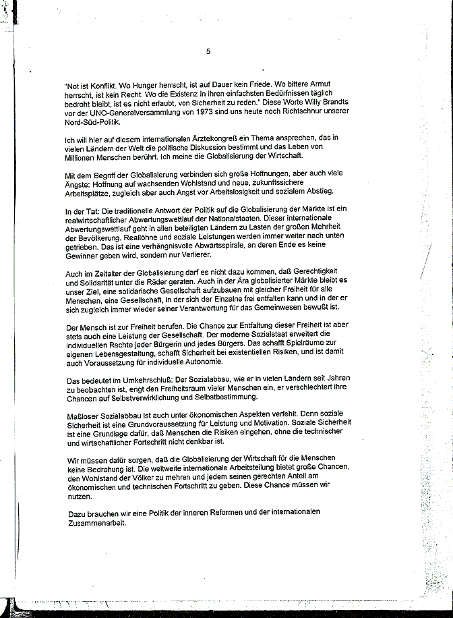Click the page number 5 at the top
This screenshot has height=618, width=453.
click(208, 51)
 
